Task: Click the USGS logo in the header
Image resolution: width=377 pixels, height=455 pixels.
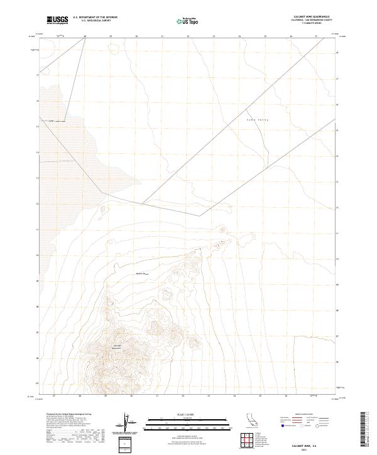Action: pyautogui.click(x=57, y=20)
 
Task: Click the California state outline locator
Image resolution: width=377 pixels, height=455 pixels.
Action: pyautogui.click(x=253, y=419)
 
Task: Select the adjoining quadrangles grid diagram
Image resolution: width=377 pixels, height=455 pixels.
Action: pyautogui.click(x=246, y=442)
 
